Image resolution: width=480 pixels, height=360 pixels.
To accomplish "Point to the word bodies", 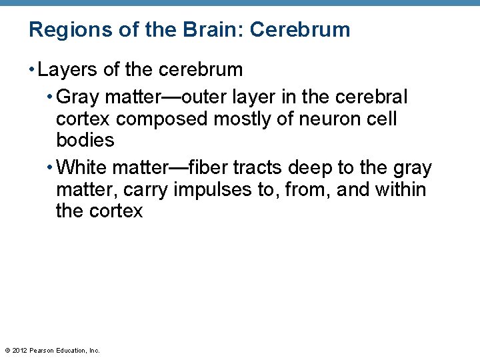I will click(x=85, y=141).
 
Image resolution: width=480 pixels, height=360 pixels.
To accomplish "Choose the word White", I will click(x=82, y=168).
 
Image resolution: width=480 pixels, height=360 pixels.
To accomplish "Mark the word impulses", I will click(x=213, y=190).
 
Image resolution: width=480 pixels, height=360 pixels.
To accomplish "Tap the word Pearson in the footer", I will click(x=42, y=350).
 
